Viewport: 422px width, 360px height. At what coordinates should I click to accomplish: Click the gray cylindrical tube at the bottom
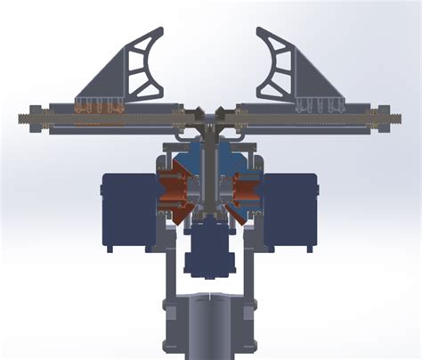(x=210, y=325)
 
